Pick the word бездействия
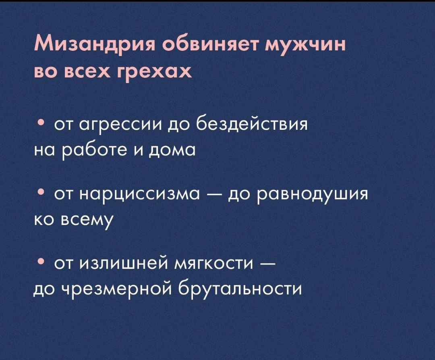coord(253,123)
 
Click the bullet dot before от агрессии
coord(41,122)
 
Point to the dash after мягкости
coord(268,265)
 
